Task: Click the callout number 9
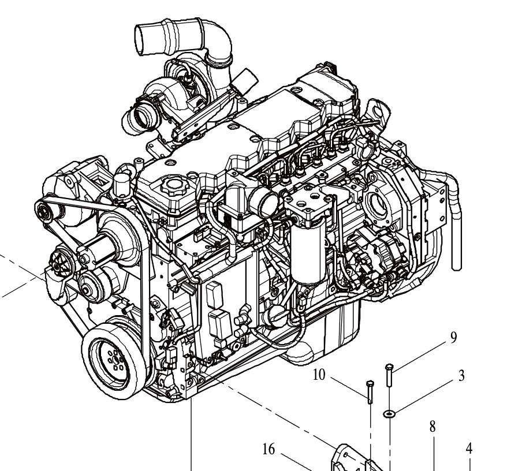click(453, 338)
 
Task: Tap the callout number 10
click(319, 375)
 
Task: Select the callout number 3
click(461, 376)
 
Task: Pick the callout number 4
click(469, 447)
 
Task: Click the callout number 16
click(269, 449)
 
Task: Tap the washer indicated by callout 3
click(390, 413)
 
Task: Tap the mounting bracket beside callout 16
click(346, 458)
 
